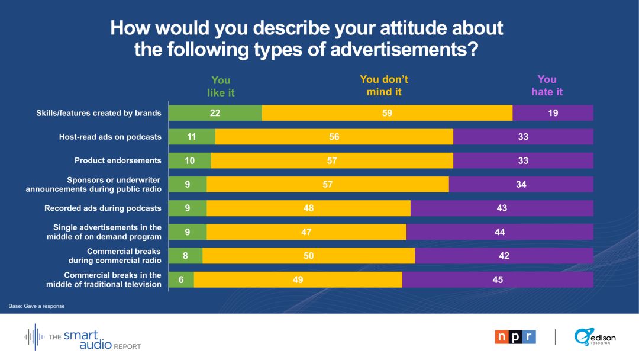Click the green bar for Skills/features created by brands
coord(215,113)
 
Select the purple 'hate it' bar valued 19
coord(553,113)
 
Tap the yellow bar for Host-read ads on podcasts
coord(334,137)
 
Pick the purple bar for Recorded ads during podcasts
coord(502,208)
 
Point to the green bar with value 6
coord(182,279)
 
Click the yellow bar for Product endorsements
coord(332,160)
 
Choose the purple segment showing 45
coord(498,279)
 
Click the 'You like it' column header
coord(221,86)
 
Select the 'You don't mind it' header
coord(384,85)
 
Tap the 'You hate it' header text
coord(547,85)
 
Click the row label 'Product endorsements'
coord(118,160)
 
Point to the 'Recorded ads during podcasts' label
coord(103,208)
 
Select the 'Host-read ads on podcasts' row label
coord(110,137)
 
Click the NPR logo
coord(515,337)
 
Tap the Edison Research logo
coord(595,337)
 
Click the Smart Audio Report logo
coord(82,337)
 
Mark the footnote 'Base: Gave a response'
coord(37,306)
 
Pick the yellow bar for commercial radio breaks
coord(308,256)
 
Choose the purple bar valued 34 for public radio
coord(521,185)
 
